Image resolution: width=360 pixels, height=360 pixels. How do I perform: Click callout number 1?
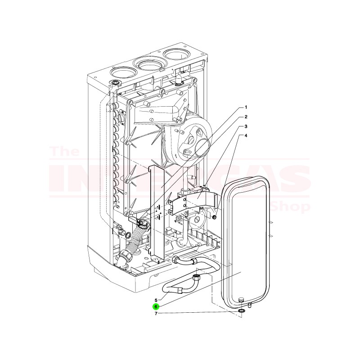click(246, 108)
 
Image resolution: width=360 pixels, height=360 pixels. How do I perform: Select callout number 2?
click(246, 117)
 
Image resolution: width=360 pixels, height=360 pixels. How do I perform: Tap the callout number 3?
click(246, 126)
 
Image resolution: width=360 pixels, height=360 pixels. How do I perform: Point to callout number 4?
click(246, 135)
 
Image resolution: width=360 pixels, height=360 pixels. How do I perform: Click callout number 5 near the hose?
click(156, 300)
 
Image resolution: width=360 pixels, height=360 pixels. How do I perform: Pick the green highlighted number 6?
click(156, 306)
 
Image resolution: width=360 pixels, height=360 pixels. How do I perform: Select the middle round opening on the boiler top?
click(149, 63)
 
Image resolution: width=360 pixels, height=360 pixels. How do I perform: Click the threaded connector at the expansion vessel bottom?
click(241, 300)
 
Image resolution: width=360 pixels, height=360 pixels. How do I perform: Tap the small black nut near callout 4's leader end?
click(215, 217)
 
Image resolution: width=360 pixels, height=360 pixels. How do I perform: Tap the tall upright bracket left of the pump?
click(156, 211)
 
